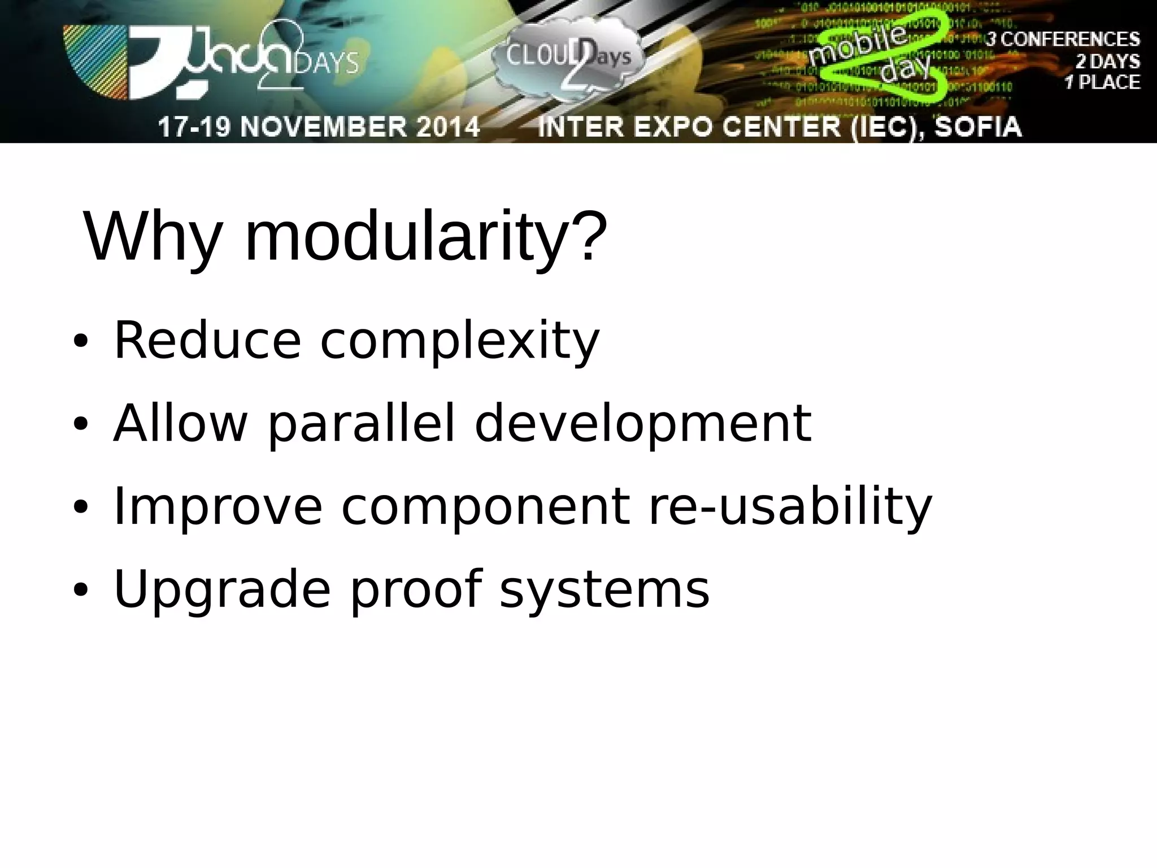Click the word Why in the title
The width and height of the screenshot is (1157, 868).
tap(151, 237)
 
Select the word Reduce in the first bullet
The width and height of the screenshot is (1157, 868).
tap(207, 340)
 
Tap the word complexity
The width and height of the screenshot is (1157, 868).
tap(459, 341)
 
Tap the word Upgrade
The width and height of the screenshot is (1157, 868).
tap(221, 590)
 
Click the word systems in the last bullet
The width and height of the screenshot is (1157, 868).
tap(604, 590)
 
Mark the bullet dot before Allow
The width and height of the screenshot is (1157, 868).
tap(81, 425)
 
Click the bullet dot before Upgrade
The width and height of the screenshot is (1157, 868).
tap(81, 591)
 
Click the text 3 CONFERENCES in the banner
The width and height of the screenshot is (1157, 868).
tap(1063, 39)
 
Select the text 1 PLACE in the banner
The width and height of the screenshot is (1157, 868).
tap(1102, 83)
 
